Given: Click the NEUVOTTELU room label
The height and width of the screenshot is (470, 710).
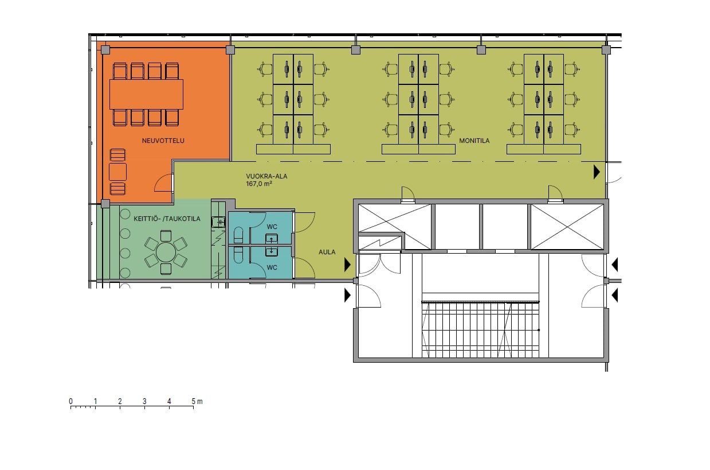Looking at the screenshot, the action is tap(163, 141).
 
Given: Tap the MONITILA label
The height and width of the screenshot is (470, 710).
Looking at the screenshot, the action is tap(474, 141).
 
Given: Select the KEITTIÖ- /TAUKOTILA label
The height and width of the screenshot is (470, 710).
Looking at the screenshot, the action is tap(167, 219).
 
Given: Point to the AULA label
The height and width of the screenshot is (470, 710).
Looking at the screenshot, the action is tap(327, 252).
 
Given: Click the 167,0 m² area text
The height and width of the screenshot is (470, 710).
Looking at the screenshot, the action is tap(259, 184).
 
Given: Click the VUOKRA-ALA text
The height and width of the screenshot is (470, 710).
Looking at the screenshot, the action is tap(266, 176).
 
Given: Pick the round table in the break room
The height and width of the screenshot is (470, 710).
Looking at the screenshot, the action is tap(166, 253).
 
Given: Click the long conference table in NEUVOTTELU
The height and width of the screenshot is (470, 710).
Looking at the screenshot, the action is tap(147, 94).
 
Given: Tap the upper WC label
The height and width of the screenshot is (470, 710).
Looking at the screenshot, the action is tap(272, 227).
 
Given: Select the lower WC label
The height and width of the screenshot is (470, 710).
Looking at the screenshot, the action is tap(272, 267).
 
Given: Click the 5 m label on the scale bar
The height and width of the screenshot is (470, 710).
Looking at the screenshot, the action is tap(197, 402).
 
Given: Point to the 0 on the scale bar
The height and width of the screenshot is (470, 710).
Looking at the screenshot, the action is tap(70, 402).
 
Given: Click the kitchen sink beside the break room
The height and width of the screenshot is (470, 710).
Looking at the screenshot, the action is tap(218, 222).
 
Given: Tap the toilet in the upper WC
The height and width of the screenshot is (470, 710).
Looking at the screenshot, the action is tap(238, 235).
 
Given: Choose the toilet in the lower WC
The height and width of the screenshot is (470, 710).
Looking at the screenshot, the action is tap(238, 255).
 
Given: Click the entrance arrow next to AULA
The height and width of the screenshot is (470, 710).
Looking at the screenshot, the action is tap(348, 265).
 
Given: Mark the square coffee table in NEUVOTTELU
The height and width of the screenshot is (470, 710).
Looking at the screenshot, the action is tap(117, 172).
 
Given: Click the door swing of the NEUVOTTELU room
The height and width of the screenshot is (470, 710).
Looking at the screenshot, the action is tap(164, 183).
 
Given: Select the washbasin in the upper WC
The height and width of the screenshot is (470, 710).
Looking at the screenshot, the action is tap(271, 238).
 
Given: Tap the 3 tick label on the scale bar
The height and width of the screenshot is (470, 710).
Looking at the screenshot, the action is tap(144, 402).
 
